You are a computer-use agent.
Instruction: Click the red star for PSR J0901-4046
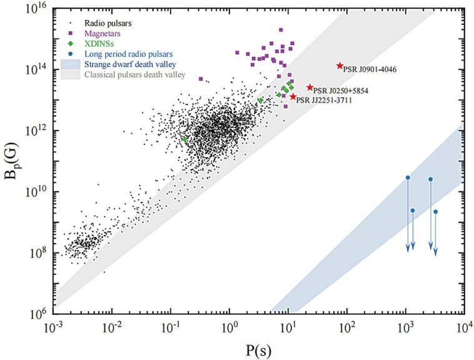[x=340, y=66]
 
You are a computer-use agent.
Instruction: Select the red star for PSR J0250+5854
[x=310, y=87]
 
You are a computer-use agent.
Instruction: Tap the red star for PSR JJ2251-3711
[x=293, y=96]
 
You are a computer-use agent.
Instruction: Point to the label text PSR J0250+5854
[x=341, y=91]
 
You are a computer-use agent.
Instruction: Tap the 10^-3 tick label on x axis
[x=55, y=328]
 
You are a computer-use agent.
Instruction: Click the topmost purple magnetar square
[x=281, y=30]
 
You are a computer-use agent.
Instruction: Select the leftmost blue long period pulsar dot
[x=408, y=177]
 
